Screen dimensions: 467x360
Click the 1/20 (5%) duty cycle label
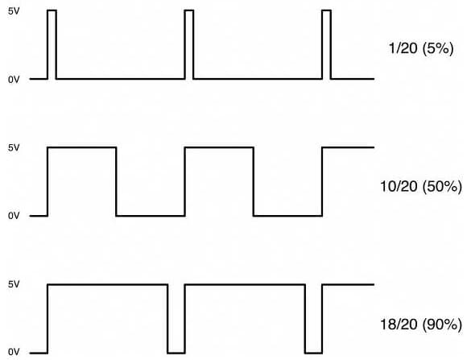(x=421, y=48)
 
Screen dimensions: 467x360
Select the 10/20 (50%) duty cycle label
(x=421, y=187)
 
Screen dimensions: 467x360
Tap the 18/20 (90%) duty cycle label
(x=421, y=325)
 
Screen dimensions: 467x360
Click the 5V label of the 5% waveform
(x=14, y=11)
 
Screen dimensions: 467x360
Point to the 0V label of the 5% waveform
(x=14, y=80)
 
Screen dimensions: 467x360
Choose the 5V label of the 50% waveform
(x=14, y=147)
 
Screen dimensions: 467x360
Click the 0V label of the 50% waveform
(x=14, y=216)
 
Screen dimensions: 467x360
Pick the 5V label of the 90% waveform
(x=14, y=284)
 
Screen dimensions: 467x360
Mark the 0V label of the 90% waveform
(x=14, y=352)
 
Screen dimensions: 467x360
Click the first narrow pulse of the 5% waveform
(x=52, y=10)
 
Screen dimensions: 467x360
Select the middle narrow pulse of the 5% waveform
(x=189, y=10)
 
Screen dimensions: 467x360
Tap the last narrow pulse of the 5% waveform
(x=326, y=10)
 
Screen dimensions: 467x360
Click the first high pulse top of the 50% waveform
(x=82, y=147)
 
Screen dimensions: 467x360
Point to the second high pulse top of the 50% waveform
(x=219, y=147)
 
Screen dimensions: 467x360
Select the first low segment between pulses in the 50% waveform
(x=151, y=216)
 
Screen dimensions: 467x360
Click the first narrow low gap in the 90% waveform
(x=176, y=353)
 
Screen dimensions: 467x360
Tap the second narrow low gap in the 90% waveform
(x=314, y=353)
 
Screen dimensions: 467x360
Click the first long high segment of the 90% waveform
(x=108, y=284)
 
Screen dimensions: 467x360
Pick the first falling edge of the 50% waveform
(x=116, y=181)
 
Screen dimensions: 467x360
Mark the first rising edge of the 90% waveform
(x=48, y=319)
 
